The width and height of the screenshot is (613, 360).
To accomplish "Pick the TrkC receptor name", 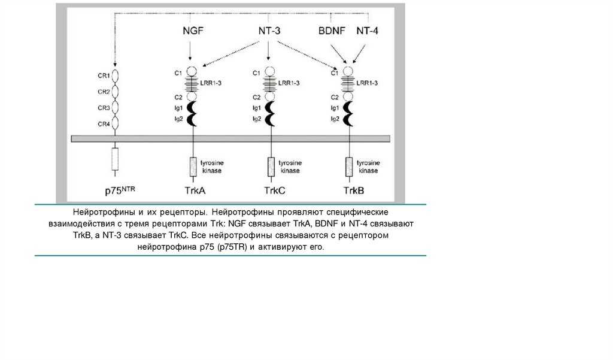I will coord(274,191).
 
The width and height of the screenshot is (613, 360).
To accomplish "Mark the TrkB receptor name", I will coord(354,191).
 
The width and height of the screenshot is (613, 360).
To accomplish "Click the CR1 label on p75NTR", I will coord(104,76).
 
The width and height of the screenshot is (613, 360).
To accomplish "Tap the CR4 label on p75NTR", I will coord(104,124).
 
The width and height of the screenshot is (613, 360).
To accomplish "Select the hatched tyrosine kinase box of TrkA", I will coord(193,166).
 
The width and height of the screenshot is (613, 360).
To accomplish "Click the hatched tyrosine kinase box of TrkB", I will coord(348,166).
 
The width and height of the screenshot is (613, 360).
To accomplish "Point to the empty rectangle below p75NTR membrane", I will coord(115,159).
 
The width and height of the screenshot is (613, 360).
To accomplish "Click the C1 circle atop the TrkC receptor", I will coord(270,72).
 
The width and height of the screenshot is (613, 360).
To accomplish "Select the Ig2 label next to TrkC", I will coord(256,119).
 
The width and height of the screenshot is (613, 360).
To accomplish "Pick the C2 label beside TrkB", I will coord(335,96).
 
